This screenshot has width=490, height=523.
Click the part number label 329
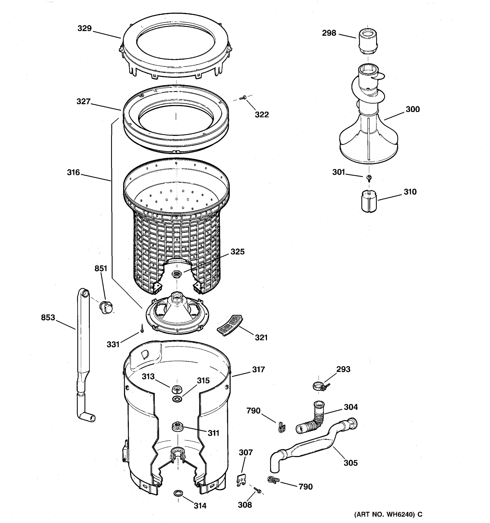pos(84,28)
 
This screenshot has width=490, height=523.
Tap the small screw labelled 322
pos(242,98)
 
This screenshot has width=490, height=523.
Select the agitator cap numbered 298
pos(367,42)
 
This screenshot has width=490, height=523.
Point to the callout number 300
pos(412,109)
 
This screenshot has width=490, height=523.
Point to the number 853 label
pos(48,318)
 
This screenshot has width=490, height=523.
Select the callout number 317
pos(259,370)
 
